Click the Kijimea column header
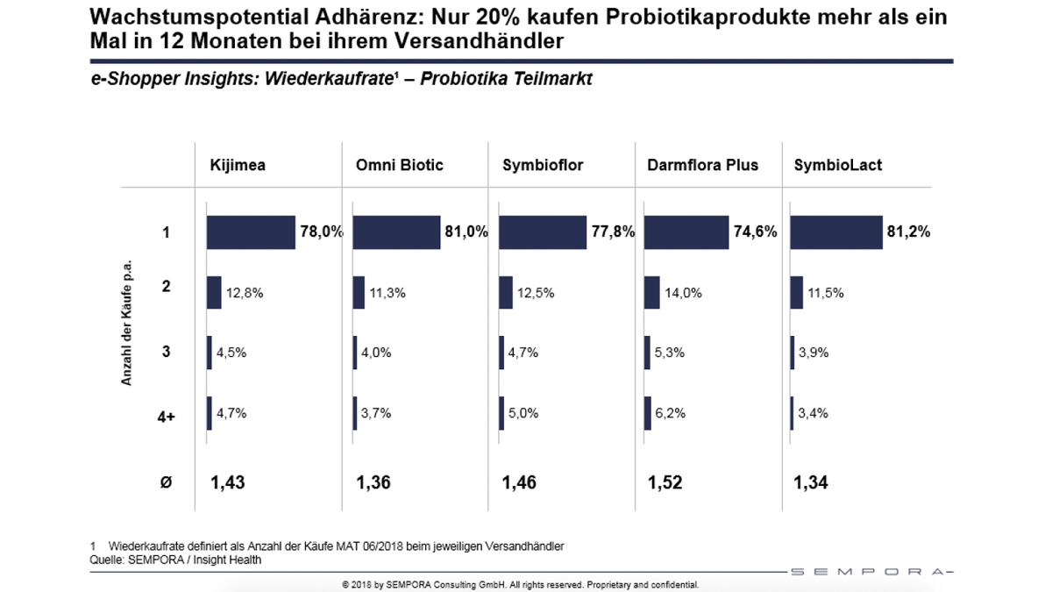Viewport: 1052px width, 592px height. (237, 165)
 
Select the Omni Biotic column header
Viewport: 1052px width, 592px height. (399, 165)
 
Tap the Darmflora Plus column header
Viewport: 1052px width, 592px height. (703, 165)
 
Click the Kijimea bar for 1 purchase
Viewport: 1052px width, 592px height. (251, 232)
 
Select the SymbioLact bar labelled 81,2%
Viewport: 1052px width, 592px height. (835, 232)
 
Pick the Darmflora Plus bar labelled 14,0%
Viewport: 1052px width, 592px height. (651, 293)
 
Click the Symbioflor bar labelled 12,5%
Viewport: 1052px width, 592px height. (505, 293)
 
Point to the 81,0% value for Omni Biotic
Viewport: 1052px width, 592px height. (466, 232)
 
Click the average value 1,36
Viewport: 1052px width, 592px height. (373, 481)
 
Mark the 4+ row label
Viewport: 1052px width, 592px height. (166, 416)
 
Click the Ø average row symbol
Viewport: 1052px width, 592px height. (166, 481)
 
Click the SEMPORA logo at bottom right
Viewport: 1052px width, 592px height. (869, 572)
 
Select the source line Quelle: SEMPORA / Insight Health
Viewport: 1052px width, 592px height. (175, 560)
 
